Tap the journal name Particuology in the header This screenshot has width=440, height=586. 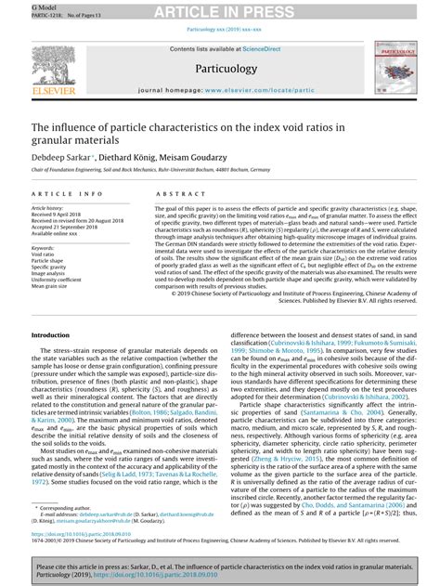pos(220,69)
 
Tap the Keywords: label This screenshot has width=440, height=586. pos(46,248)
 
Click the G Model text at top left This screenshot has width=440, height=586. pos(15,5)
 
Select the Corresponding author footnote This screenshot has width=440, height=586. pos(64,508)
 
